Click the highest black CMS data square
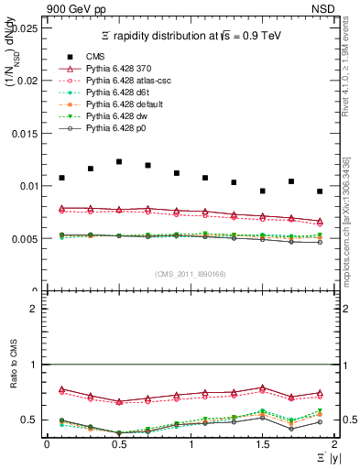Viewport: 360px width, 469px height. point(119,161)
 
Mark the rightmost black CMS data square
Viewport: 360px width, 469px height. point(320,191)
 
